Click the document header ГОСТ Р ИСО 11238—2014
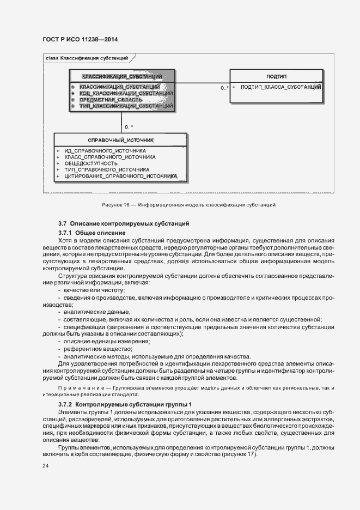[x=80, y=40]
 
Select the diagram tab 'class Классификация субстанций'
[x=87, y=57]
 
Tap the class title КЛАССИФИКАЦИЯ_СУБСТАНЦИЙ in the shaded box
[x=121, y=76]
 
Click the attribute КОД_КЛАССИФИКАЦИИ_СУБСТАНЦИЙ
[x=126, y=93]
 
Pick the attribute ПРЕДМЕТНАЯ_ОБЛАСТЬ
[x=111, y=100]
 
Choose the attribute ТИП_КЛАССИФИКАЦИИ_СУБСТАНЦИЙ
[x=126, y=106]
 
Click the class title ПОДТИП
[x=277, y=76]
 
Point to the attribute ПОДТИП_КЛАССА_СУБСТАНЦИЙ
[x=280, y=87]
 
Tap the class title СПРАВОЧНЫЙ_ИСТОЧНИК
[x=120, y=140]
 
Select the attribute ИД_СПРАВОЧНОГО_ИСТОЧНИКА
[x=105, y=150]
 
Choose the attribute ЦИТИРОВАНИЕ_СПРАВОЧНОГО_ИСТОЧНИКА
[x=120, y=177]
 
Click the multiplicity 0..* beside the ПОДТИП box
[x=224, y=87]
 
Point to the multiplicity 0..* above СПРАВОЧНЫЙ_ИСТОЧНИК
[x=129, y=127]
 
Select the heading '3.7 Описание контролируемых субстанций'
[x=124, y=224]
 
